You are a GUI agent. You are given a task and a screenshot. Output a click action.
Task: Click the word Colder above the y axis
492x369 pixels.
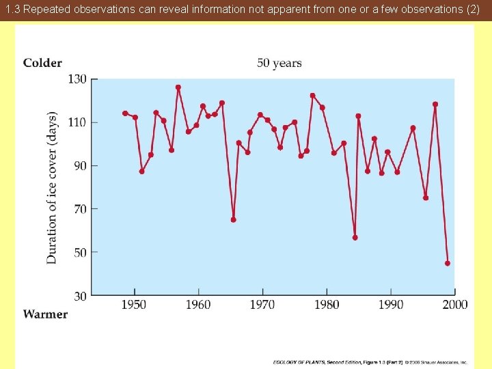tap(42, 63)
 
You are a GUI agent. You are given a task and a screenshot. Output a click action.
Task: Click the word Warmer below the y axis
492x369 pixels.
tap(45, 314)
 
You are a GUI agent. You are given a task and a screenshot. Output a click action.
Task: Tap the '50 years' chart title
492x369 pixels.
tap(279, 63)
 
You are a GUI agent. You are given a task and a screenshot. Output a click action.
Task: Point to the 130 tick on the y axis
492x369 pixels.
tap(77, 79)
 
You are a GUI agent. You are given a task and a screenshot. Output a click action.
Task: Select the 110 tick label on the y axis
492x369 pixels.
tap(77, 122)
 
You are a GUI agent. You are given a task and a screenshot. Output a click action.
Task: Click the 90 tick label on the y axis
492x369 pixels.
tap(79, 165)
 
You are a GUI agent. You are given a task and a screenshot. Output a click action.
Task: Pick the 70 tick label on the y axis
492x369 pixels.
tap(79, 209)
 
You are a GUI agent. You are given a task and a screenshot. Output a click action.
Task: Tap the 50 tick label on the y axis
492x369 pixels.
tap(79, 253)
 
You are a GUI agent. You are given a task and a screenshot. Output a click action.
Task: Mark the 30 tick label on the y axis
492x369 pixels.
tap(79, 296)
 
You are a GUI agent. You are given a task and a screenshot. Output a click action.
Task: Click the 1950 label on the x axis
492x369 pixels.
tap(134, 305)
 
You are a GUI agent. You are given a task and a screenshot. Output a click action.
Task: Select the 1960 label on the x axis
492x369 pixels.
tap(198, 305)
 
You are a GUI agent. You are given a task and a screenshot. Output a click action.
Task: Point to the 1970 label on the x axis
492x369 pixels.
tap(262, 305)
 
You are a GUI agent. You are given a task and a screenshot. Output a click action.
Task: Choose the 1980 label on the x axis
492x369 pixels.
tap(327, 305)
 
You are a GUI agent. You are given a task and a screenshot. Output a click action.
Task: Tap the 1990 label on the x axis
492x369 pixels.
tap(391, 305)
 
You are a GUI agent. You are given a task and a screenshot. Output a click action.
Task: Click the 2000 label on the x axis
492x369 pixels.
tap(454, 305)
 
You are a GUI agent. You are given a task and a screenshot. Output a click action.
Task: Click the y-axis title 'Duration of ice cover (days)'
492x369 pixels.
tap(52, 188)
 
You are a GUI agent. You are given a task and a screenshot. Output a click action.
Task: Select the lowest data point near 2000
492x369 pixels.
tap(448, 263)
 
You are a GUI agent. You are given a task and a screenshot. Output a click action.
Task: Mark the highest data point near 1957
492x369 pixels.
tap(178, 87)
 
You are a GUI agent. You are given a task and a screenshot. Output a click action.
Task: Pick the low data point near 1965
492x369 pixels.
tap(234, 220)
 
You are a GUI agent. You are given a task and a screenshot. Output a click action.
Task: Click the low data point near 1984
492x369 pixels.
tap(355, 238)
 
